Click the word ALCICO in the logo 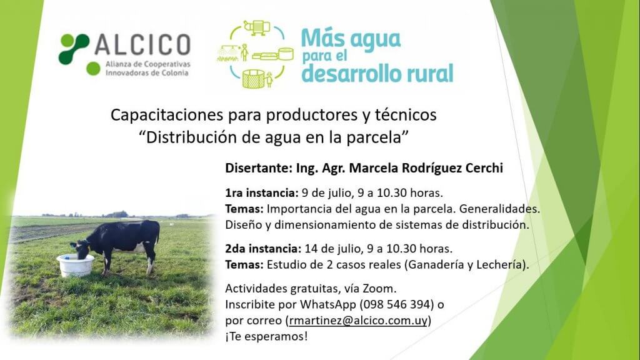pyautogui.click(x=143, y=44)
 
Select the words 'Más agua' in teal pyautogui.click(x=351, y=39)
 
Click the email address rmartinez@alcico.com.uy pyautogui.click(x=358, y=321)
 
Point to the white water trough pyautogui.click(x=75, y=265)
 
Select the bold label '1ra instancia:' pyautogui.click(x=262, y=192)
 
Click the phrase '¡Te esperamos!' pyautogui.click(x=266, y=336)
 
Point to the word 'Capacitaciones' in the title pyautogui.click(x=167, y=115)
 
